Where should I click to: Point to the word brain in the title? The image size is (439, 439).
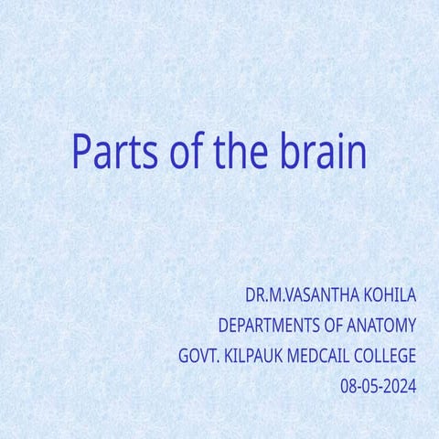pyautogui.click(x=324, y=152)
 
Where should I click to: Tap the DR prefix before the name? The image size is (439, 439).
pyautogui.click(x=254, y=295)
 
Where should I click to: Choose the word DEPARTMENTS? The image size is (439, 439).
pyautogui.click(x=269, y=326)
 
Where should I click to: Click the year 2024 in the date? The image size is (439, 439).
pyautogui.click(x=399, y=386)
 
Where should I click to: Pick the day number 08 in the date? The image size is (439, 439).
pyautogui.click(x=348, y=386)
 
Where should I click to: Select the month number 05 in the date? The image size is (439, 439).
pyautogui.click(x=370, y=386)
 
